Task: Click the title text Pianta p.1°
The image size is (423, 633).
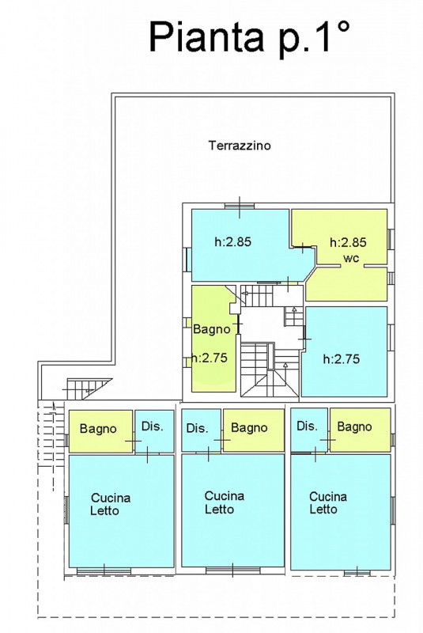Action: pos(249,37)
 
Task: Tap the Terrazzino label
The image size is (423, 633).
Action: pos(240,146)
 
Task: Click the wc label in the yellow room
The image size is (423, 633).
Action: pos(351,258)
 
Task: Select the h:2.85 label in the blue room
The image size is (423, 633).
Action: pos(232,242)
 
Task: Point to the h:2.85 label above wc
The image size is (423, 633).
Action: pos(348,242)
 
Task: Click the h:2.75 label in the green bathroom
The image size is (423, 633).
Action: pos(210,358)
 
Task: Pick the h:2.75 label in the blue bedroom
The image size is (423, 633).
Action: pos(342,359)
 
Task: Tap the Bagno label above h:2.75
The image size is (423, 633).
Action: pos(212,329)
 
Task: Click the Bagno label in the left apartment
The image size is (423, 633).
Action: pos(98,429)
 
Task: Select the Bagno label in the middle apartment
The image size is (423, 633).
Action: pos(249,428)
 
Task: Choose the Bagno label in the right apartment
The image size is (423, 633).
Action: pos(354,426)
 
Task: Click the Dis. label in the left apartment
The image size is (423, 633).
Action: pos(152,426)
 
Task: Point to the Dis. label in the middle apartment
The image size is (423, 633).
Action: pos(197,428)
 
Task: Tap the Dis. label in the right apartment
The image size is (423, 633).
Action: pos(308,426)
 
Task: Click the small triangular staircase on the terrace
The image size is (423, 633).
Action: pos(89,389)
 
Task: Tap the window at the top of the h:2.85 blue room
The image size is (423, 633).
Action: pos(240,207)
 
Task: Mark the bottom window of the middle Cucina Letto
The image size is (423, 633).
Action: pos(232,570)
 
